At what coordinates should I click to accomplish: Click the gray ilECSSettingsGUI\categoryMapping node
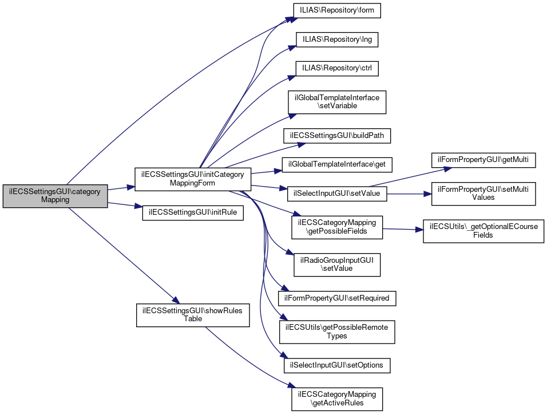[55, 196]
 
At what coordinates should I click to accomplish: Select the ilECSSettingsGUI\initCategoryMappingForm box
[192, 179]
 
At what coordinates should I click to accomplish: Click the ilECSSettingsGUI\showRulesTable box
[192, 315]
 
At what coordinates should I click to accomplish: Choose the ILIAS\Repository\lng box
[337, 40]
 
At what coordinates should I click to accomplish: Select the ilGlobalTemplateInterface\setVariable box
[337, 102]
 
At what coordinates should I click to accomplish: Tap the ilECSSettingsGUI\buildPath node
[337, 136]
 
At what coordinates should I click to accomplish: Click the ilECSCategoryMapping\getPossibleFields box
[337, 227]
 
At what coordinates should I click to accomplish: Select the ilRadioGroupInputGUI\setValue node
[337, 264]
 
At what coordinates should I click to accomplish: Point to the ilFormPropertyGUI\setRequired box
[337, 298]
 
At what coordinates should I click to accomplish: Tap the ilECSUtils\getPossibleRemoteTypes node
[337, 331]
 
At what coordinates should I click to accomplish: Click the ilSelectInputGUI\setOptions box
[337, 365]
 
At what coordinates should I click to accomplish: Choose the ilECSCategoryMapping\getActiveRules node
[337, 399]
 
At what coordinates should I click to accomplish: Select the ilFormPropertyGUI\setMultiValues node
[483, 194]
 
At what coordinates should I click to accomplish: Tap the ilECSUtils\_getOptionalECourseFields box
[483, 231]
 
